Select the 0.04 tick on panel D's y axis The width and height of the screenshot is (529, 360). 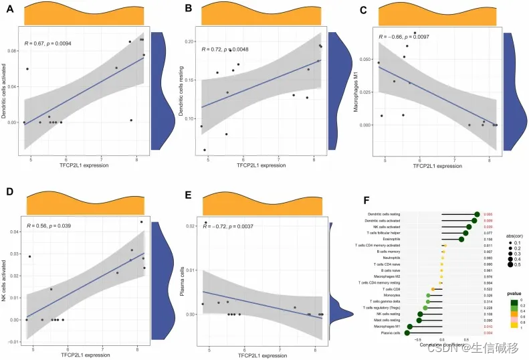15,232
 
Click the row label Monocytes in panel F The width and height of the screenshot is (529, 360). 391,295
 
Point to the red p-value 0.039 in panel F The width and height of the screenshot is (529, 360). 489,226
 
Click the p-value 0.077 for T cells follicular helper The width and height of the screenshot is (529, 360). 489,232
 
